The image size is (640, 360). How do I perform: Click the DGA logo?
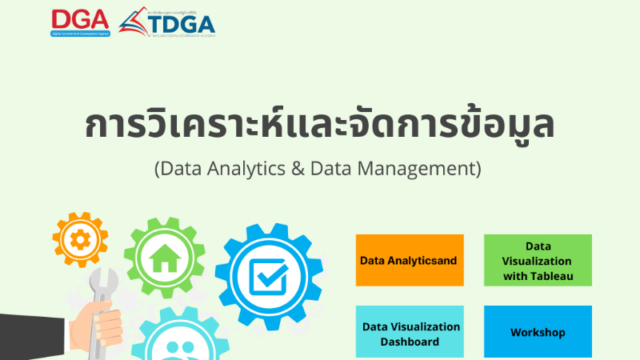[x=80, y=22]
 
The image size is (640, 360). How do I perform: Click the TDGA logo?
[x=167, y=22]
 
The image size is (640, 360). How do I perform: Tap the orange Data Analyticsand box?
[x=410, y=260]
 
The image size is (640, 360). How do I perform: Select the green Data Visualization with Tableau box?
[x=538, y=260]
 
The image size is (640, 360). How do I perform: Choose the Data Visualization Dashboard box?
[x=410, y=333]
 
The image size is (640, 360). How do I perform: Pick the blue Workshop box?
[x=538, y=332]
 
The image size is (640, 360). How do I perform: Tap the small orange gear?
[x=80, y=239]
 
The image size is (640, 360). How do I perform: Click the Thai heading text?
[x=319, y=126]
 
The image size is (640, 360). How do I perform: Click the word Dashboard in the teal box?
[x=410, y=342]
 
